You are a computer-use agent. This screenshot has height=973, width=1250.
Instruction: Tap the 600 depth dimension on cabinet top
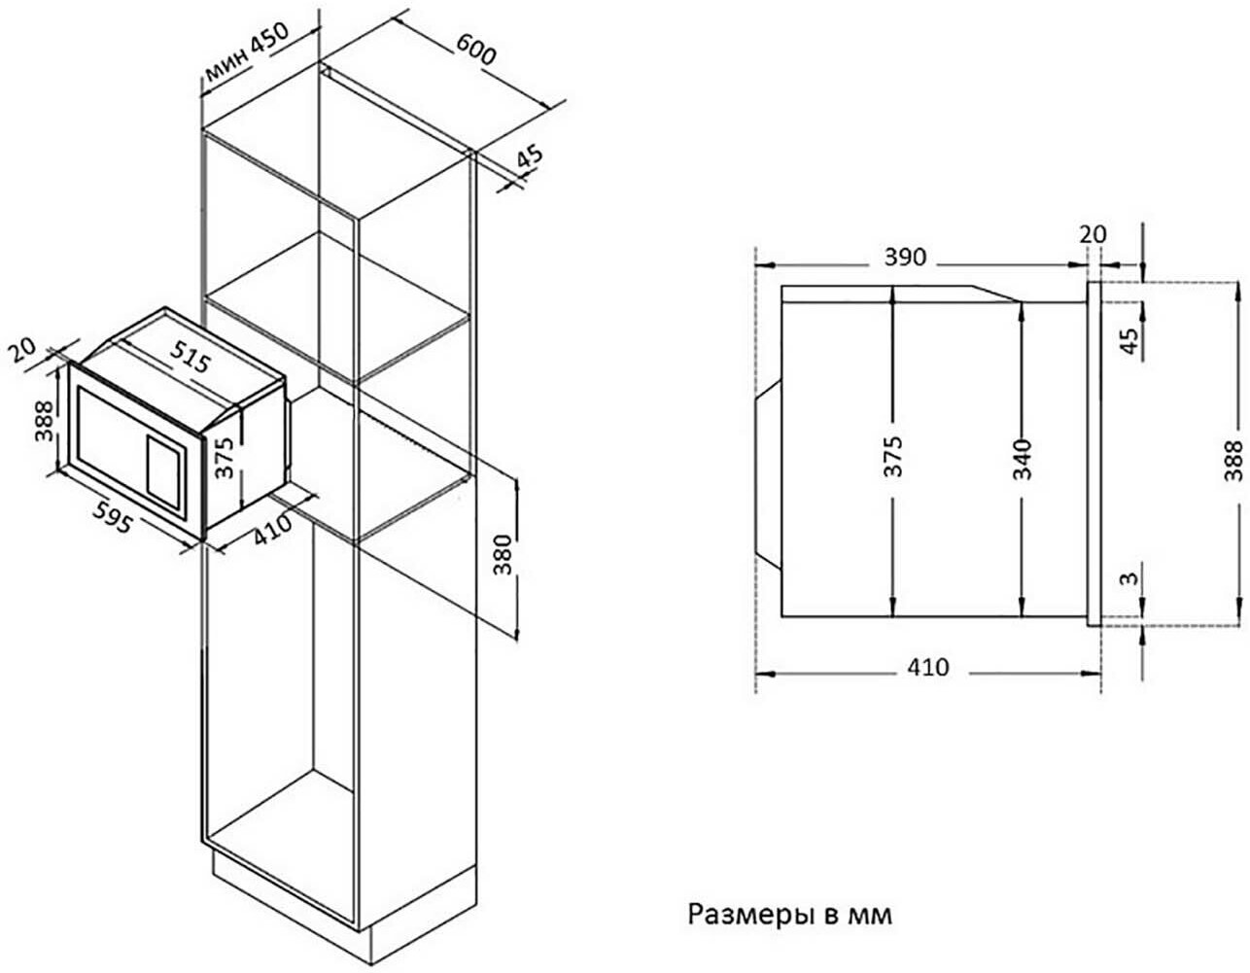click(x=476, y=50)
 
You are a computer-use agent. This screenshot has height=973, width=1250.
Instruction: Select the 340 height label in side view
click(x=1022, y=458)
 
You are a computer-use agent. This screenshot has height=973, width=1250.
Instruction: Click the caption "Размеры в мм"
click(x=789, y=914)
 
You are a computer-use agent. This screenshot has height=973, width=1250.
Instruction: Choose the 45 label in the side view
click(x=1128, y=341)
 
